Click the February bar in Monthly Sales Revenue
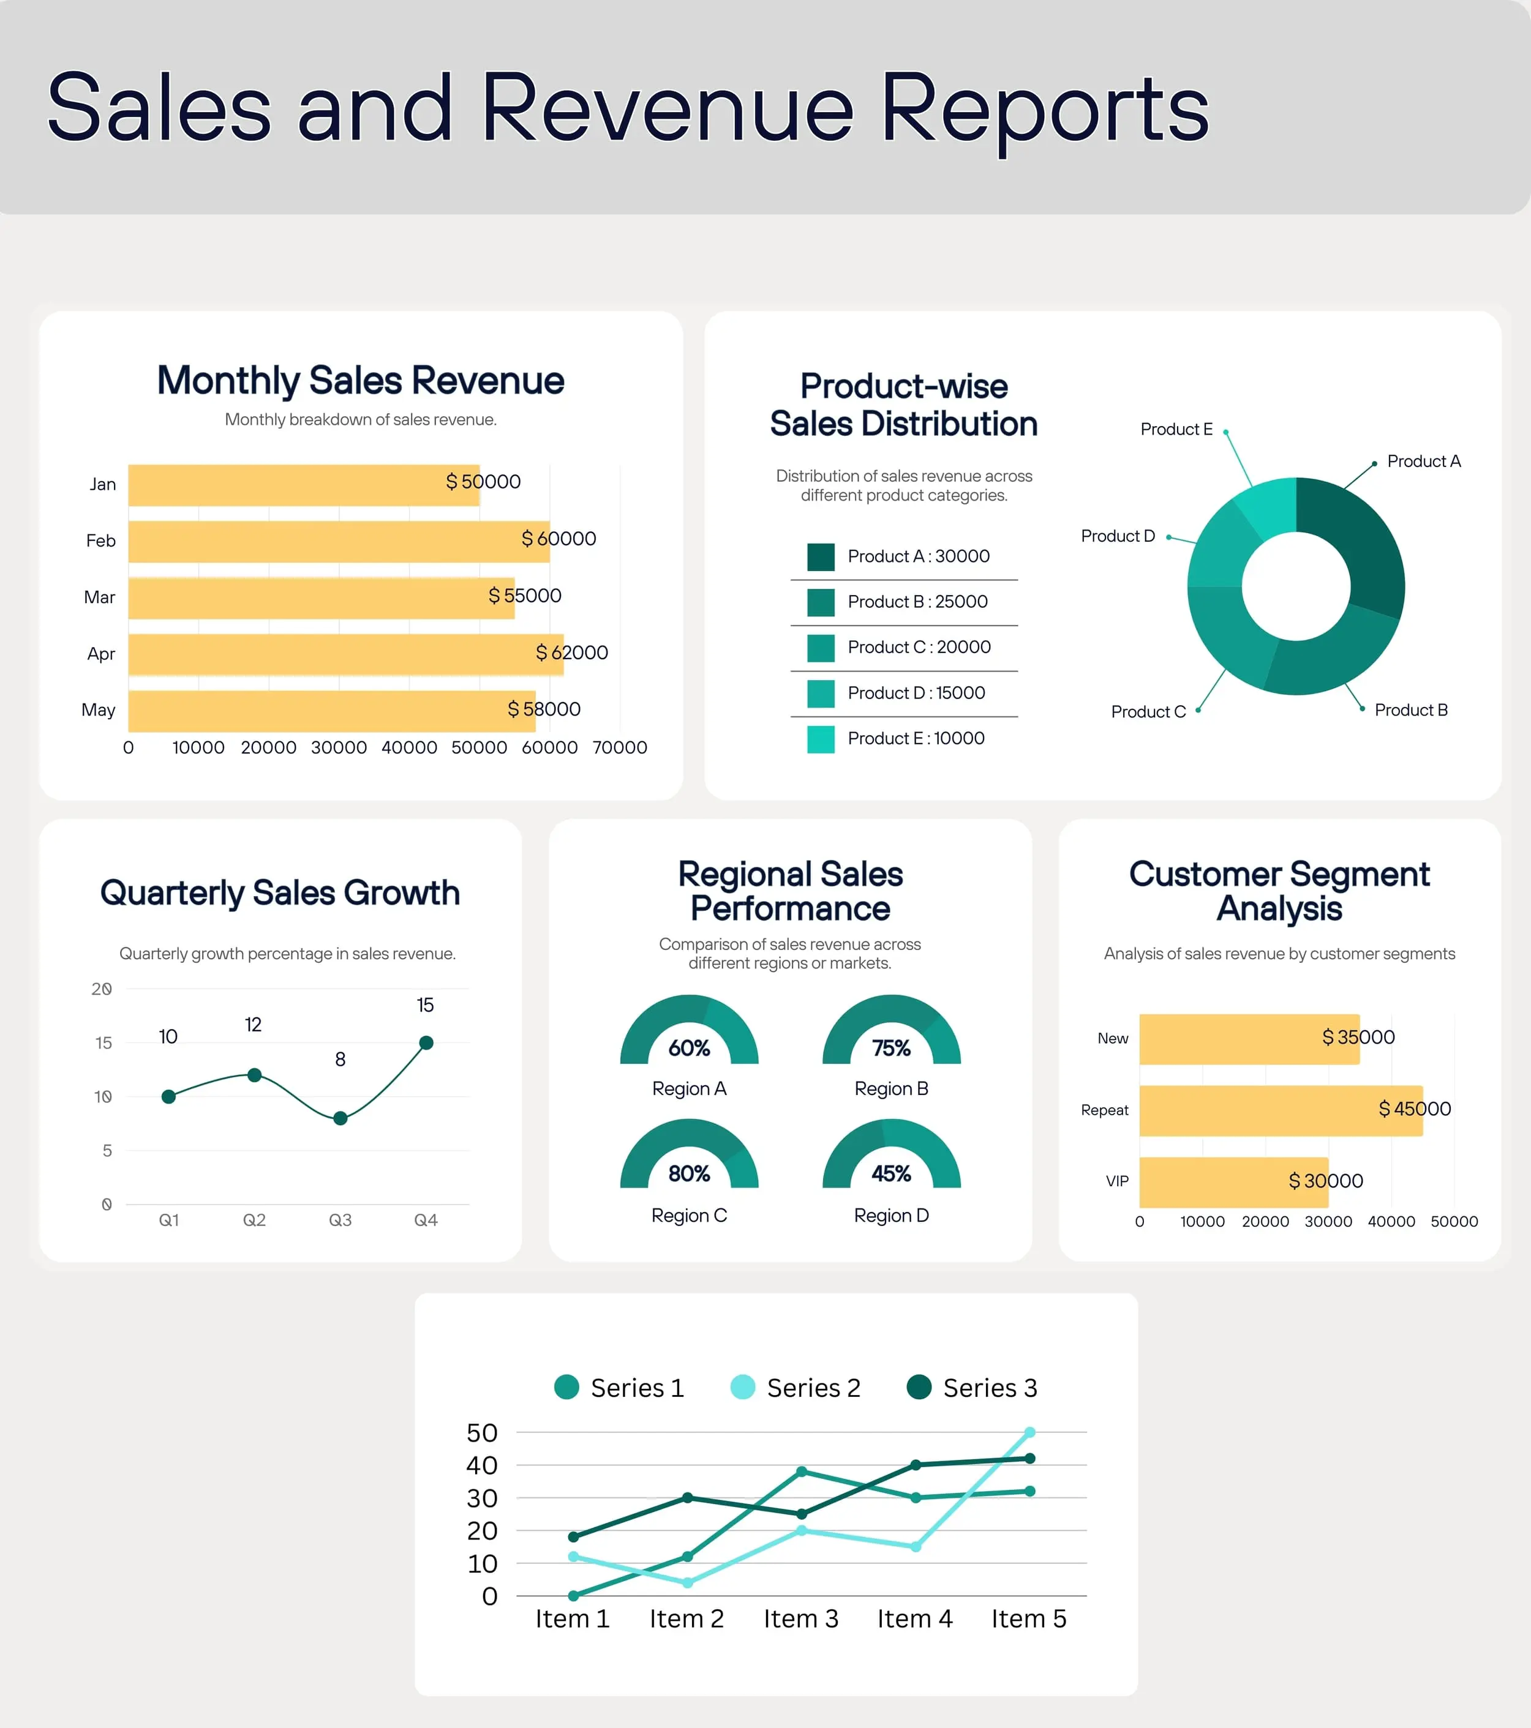pyautogui.click(x=338, y=542)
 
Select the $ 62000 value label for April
pyautogui.click(x=572, y=653)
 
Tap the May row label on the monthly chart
pyautogui.click(x=98, y=710)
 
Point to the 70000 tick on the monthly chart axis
pyautogui.click(x=619, y=747)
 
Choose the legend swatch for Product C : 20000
pyautogui.click(x=821, y=648)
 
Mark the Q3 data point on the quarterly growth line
pyautogui.click(x=340, y=1118)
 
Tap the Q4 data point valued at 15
pyautogui.click(x=426, y=1043)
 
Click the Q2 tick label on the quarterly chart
pyautogui.click(x=254, y=1220)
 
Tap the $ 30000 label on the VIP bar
pyautogui.click(x=1325, y=1181)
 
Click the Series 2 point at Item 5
pyautogui.click(x=1029, y=1432)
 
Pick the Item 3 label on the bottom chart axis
pyautogui.click(x=800, y=1619)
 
